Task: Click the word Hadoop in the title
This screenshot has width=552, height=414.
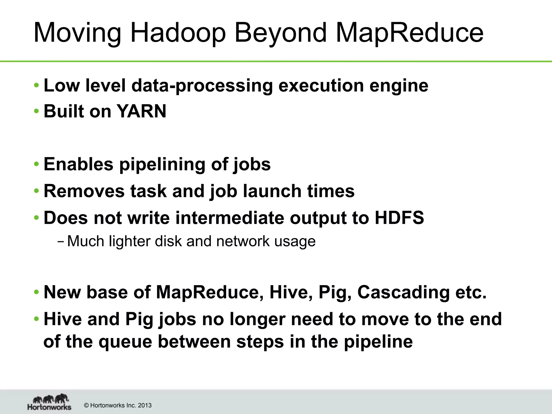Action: pos(178,33)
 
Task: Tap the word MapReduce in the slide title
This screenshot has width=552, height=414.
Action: pos(409,33)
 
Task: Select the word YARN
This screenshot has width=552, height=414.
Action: pos(142,111)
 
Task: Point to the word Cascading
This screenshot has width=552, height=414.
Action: pos(403,292)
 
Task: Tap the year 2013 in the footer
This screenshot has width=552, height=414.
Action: pos(145,405)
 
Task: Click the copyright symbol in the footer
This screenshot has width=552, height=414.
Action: pos(87,405)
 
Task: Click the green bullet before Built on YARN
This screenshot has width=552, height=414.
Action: pos(36,111)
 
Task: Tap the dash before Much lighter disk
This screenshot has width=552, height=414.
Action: pos(61,241)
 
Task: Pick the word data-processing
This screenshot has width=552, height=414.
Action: pos(202,86)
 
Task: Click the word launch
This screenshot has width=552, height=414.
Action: pos(272,191)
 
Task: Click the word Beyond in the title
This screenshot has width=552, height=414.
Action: pos(281,33)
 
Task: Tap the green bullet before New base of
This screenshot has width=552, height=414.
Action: pos(36,292)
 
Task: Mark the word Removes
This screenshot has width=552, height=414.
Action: pos(84,191)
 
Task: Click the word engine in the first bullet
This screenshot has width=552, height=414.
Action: pos(399,86)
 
